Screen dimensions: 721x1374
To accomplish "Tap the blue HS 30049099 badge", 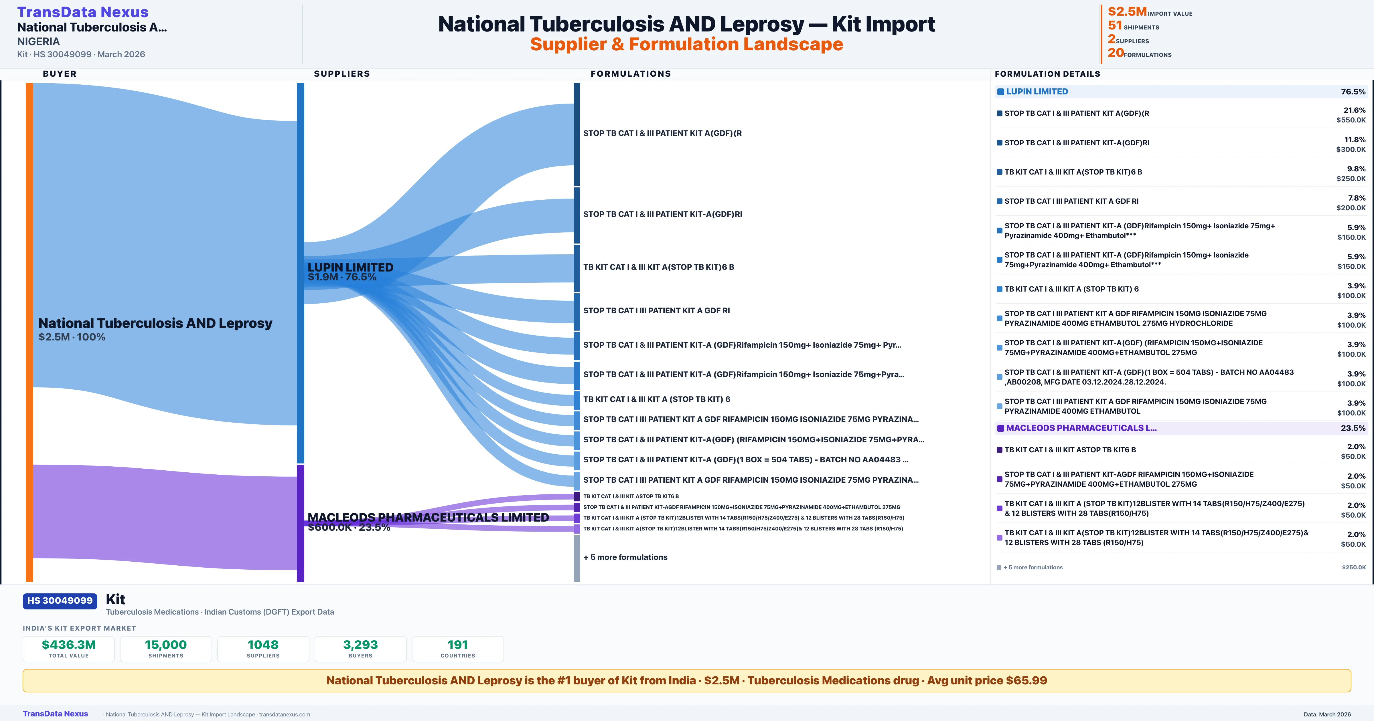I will point(60,601).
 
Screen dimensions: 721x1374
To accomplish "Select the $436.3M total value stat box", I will point(69,649).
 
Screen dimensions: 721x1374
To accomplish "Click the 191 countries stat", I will point(458,649).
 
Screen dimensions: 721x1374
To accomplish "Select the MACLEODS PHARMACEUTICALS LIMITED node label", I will point(428,517).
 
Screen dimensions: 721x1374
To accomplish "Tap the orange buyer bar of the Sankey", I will point(29,331).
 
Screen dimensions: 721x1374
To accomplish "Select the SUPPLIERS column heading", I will point(342,74).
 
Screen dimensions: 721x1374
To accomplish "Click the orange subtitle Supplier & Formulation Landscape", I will point(686,44).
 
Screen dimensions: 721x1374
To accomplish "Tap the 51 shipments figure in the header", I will point(1115,25).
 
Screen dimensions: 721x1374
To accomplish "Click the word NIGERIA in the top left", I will point(38,41).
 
